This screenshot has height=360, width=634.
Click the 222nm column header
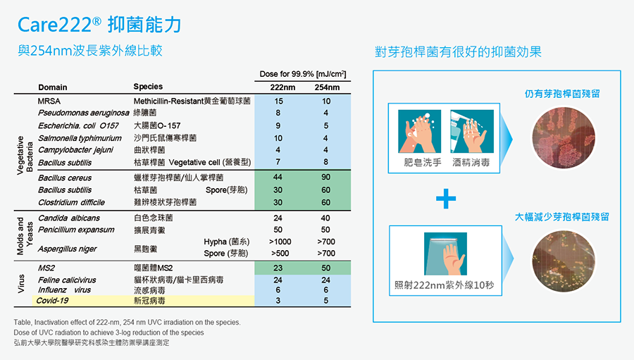click(282, 87)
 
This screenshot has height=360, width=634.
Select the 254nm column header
click(327, 87)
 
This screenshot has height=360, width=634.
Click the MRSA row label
click(49, 101)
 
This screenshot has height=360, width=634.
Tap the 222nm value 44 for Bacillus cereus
click(278, 177)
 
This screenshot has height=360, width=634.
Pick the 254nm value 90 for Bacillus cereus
click(326, 177)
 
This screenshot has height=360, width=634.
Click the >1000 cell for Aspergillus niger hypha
click(280, 242)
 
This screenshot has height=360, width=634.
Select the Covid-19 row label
click(52, 301)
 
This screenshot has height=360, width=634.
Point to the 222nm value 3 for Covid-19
click(278, 301)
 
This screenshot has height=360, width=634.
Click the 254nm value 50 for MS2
click(326, 268)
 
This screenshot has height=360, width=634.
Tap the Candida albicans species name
click(69, 218)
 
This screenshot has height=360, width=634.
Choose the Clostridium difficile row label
click(72, 202)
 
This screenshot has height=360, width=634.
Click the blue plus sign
click(446, 199)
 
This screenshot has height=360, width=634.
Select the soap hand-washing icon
click(420, 131)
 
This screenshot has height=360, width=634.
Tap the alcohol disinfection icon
click(472, 131)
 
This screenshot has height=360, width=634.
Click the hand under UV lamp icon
click(446, 254)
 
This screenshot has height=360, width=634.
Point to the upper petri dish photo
click(564, 138)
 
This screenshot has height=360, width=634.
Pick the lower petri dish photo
click(564, 261)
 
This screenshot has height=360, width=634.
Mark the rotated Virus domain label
click(21, 283)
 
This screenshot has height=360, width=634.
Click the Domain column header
click(53, 87)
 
